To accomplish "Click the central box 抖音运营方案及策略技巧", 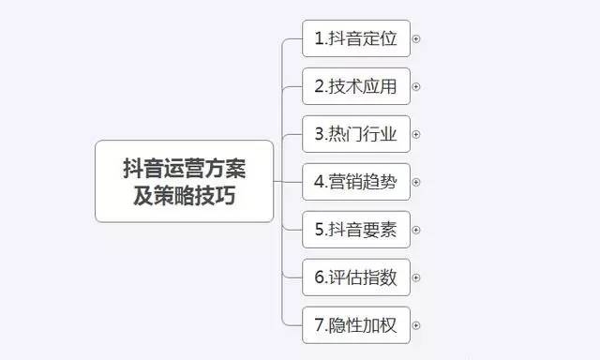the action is [185, 181].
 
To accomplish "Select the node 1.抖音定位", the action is [356, 38].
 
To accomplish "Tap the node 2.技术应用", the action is [356, 86].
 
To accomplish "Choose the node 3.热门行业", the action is [356, 134].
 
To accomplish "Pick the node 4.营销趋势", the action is [356, 182].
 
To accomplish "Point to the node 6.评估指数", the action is [356, 277].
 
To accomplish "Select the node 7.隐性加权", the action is [356, 325].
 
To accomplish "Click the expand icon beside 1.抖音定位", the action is [416, 39].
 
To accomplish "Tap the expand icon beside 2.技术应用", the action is [416, 87].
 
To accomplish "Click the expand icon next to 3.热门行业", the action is [416, 135].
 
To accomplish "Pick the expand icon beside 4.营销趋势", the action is [416, 183].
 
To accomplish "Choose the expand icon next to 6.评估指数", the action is [416, 278].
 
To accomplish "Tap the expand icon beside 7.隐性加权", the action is [416, 326].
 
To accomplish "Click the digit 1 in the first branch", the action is [319, 39].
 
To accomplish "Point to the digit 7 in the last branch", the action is [319, 326].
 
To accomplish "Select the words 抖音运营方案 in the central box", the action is [185, 169].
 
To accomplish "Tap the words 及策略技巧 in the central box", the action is [185, 196].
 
